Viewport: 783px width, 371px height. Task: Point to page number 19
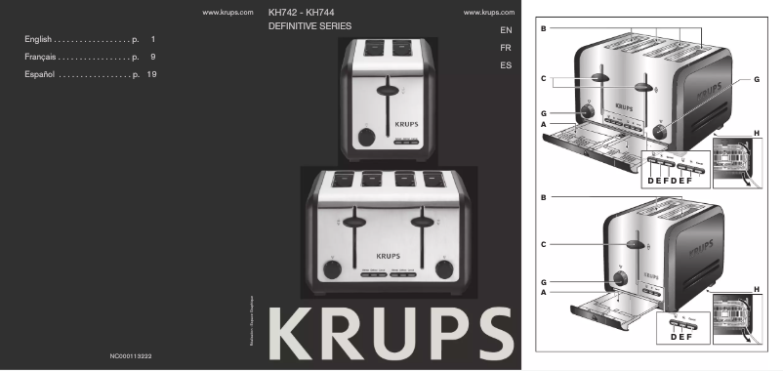pyautogui.click(x=151, y=74)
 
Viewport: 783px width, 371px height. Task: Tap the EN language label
pyautogui.click(x=505, y=30)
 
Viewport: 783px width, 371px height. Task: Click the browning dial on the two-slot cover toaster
pyautogui.click(x=365, y=137)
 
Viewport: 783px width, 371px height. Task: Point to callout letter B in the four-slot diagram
pyautogui.click(x=543, y=30)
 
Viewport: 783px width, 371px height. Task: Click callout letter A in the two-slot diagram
pyautogui.click(x=543, y=291)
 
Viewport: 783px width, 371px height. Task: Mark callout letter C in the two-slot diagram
pyautogui.click(x=543, y=241)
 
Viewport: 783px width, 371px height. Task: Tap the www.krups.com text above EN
pyautogui.click(x=491, y=13)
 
